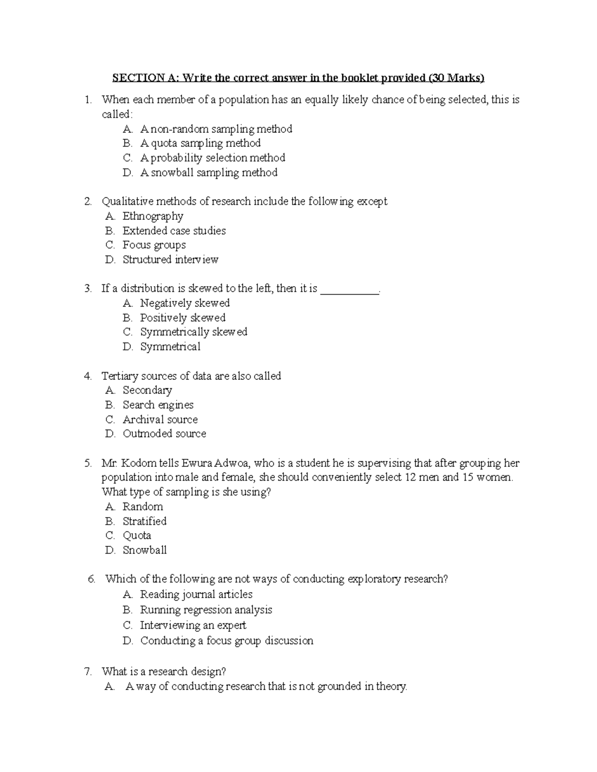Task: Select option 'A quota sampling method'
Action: (200, 143)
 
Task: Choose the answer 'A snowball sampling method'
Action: (208, 172)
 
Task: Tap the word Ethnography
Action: (153, 216)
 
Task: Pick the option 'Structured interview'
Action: (170, 259)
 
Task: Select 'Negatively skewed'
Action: (185, 303)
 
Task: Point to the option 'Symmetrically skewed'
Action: (194, 332)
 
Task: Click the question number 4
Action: (88, 376)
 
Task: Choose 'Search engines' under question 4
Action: (158, 405)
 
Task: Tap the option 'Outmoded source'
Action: (164, 434)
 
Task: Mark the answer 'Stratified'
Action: (144, 521)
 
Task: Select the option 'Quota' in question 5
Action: (137, 536)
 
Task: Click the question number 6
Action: (91, 579)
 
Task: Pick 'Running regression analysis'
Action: (206, 610)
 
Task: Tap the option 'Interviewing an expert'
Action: (193, 625)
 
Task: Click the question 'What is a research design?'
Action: (164, 672)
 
